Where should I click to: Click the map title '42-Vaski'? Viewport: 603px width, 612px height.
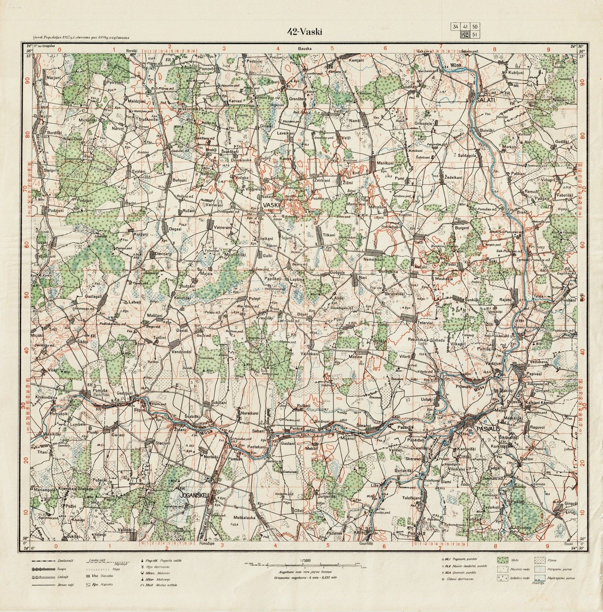305,32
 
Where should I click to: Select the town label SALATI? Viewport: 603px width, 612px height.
486,100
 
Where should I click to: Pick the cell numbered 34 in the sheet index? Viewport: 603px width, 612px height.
455,27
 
